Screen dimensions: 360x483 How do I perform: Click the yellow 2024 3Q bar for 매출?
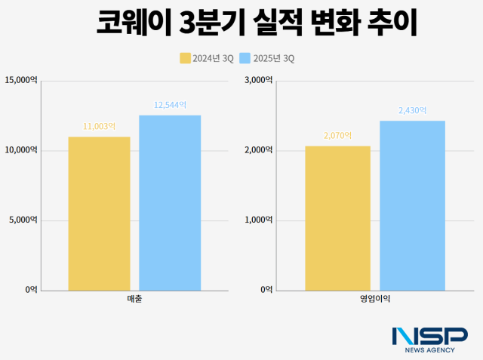tap(99, 214)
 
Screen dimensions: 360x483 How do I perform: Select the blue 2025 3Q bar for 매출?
tap(170, 203)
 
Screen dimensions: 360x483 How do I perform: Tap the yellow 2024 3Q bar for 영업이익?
tap(337, 218)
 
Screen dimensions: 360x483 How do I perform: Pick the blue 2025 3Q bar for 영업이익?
tap(412, 205)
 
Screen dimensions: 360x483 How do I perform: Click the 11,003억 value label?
tap(99, 126)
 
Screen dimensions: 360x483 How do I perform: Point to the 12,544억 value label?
tap(170, 105)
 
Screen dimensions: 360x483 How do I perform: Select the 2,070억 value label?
tap(337, 136)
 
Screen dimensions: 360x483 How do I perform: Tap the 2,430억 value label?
tap(412, 111)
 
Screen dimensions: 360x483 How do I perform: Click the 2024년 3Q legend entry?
tap(207, 58)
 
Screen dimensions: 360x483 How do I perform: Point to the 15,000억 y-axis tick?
tap(20, 79)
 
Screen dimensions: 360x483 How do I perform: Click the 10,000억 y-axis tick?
tap(20, 149)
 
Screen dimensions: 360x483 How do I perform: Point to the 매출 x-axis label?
tap(134, 300)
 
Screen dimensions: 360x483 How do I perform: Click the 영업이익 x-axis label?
tap(375, 300)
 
